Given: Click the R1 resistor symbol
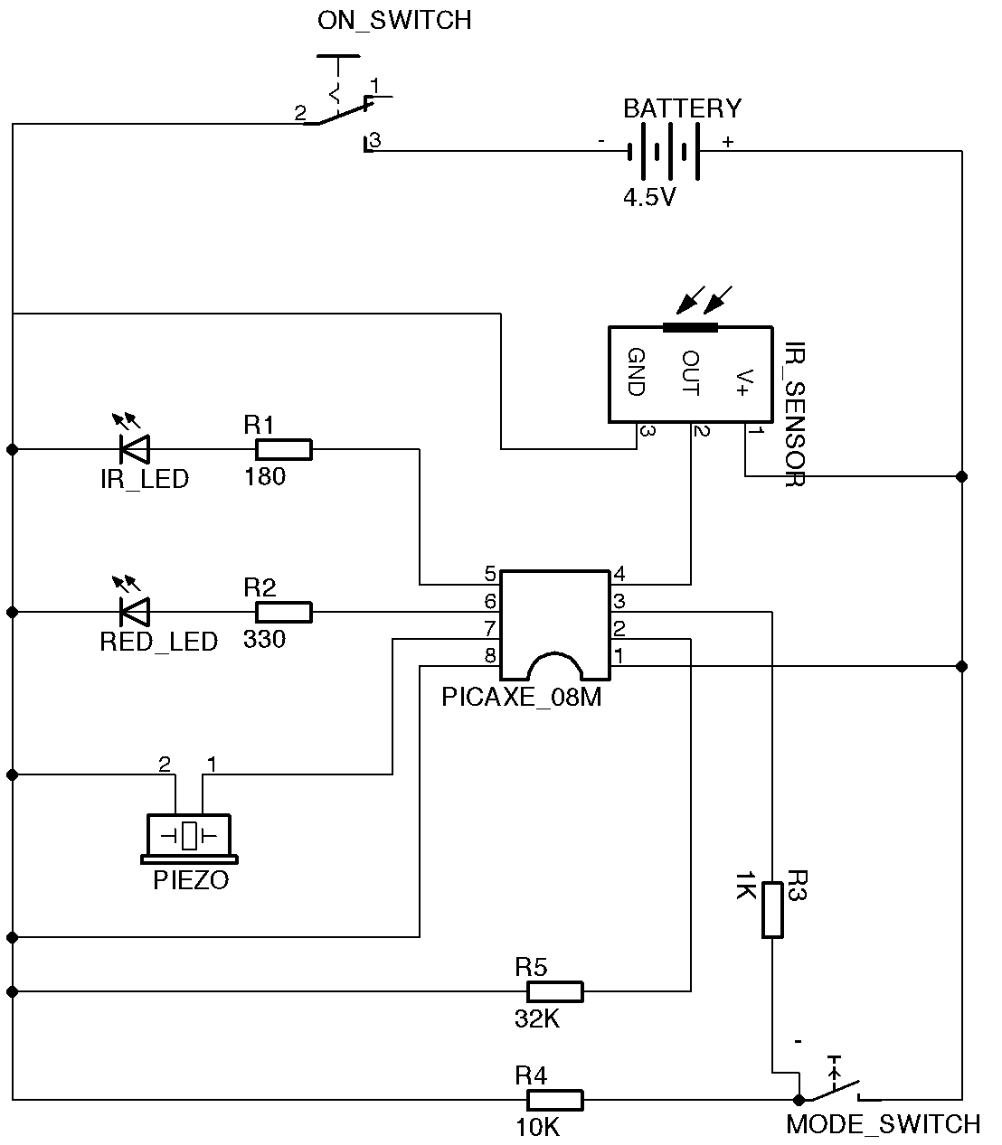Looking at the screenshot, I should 283,449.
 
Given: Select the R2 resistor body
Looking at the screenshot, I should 283,613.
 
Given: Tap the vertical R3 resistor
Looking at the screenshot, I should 771,910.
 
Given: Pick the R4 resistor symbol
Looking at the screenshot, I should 554,1100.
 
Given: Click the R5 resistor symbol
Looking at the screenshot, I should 554,992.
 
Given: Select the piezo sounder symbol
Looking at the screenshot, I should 189,836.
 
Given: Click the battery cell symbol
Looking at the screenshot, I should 665,151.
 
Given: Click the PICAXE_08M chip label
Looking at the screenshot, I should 522,698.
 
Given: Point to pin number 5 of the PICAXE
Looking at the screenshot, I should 490,574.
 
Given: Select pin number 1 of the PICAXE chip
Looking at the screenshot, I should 619,654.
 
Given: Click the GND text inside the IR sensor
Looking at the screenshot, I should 636,372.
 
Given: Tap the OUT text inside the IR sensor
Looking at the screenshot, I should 690,372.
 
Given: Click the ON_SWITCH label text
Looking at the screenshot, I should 394,20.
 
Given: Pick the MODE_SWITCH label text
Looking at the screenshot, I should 883,1124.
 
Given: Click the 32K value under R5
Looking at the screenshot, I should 537,1019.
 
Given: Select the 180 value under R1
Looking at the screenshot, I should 264,476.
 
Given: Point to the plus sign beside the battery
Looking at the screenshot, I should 727,142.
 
